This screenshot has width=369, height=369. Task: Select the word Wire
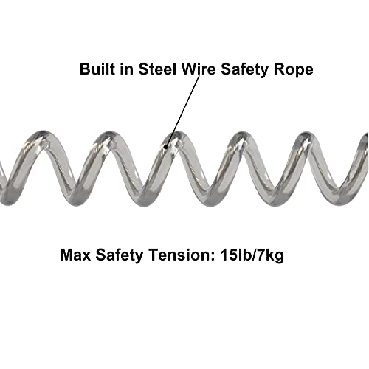(198, 69)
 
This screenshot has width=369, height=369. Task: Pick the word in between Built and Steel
(127, 69)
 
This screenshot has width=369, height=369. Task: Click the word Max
(75, 255)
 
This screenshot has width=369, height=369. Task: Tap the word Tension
(179, 255)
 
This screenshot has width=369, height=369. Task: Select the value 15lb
(234, 255)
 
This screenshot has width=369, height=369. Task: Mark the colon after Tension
(212, 257)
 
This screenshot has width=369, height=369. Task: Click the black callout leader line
(183, 111)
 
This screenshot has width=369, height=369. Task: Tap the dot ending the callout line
(166, 147)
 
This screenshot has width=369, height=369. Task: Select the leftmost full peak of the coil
(44, 135)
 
